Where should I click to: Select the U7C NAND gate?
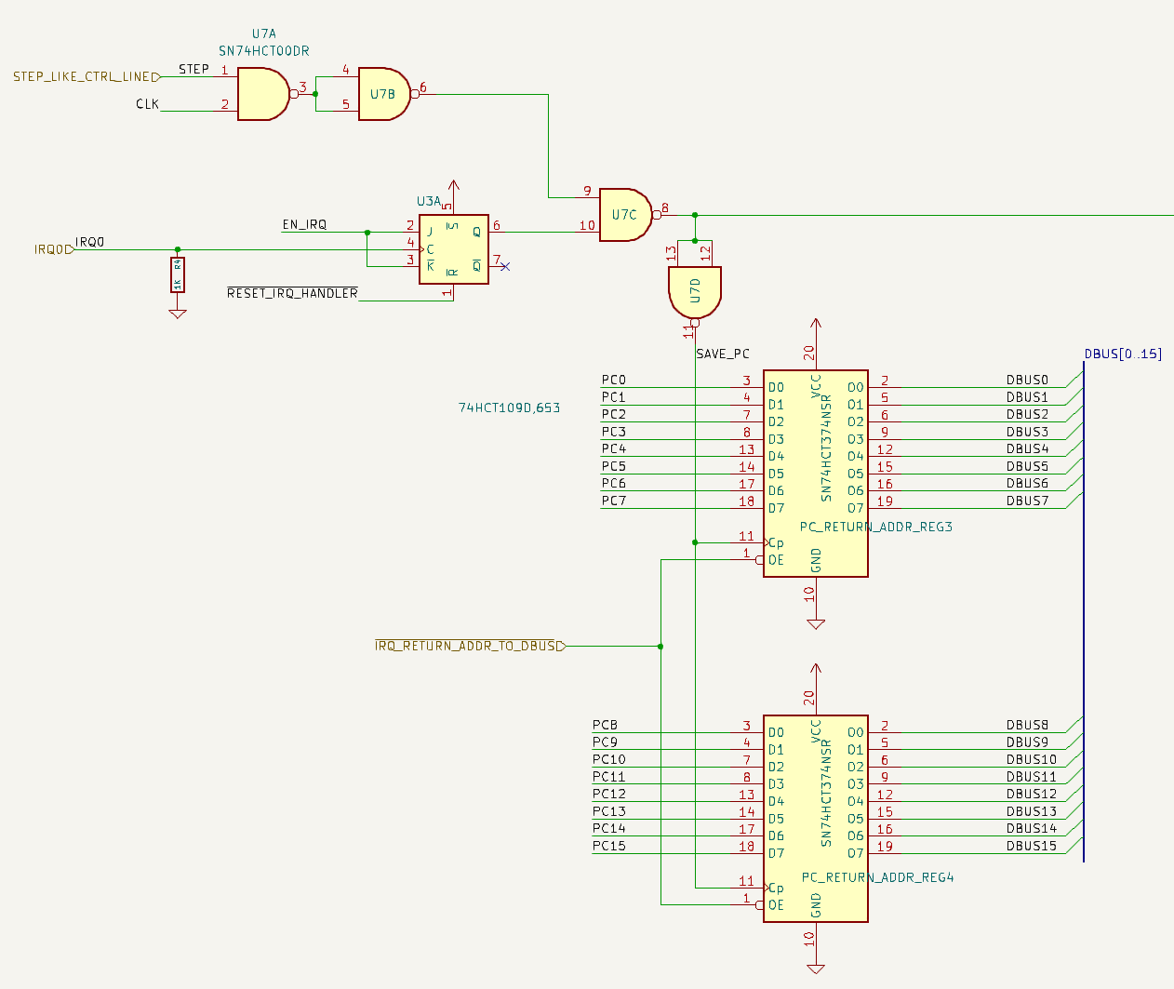tap(624, 215)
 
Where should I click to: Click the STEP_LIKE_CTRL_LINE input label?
tap(82, 76)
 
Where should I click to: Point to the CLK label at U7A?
tap(147, 104)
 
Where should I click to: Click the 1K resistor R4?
tap(178, 274)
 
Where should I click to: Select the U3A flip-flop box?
tap(453, 249)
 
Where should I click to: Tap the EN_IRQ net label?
tap(304, 224)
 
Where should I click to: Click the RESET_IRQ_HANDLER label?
tap(292, 293)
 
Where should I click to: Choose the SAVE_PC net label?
tap(723, 354)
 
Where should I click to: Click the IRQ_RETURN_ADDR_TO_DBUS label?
tap(465, 646)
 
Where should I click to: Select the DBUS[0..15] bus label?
tap(1123, 354)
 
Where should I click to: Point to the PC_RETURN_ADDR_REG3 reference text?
tap(875, 527)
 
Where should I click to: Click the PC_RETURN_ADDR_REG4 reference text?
tap(877, 877)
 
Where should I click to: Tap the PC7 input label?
tap(613, 501)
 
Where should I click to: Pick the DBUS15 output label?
tap(1031, 846)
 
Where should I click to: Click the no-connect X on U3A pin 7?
tap(505, 267)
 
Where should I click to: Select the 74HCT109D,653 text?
tap(509, 408)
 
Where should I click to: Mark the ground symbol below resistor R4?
tap(178, 314)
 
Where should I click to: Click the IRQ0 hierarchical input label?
tap(51, 249)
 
